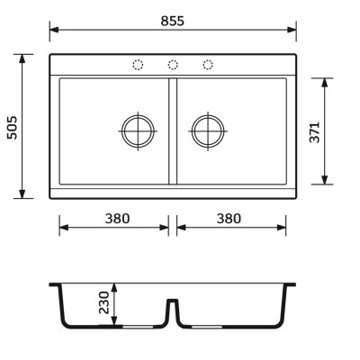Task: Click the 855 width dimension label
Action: pyautogui.click(x=173, y=21)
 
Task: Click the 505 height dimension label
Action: pyautogui.click(x=13, y=127)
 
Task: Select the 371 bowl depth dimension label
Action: pyautogui.click(x=315, y=132)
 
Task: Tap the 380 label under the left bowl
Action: pyautogui.click(x=117, y=219)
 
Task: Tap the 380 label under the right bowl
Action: pyautogui.click(x=229, y=219)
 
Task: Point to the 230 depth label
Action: pyautogui.click(x=104, y=302)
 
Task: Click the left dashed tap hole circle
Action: pyautogui.click(x=138, y=65)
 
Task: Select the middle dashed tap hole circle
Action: pyautogui.click(x=173, y=65)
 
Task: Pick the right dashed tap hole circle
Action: pyautogui.click(x=208, y=65)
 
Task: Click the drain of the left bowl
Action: pyautogui.click(x=138, y=131)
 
